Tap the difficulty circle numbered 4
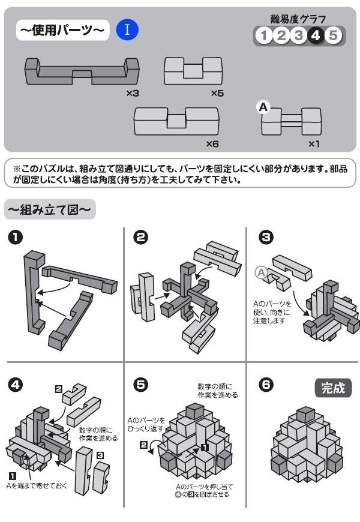(x=316, y=36)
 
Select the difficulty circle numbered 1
(x=264, y=36)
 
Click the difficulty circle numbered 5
(x=333, y=36)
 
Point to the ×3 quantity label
(x=133, y=93)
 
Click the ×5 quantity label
(x=217, y=93)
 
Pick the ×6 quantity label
(x=212, y=144)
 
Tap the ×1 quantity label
(x=314, y=144)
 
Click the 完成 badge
(x=333, y=388)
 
